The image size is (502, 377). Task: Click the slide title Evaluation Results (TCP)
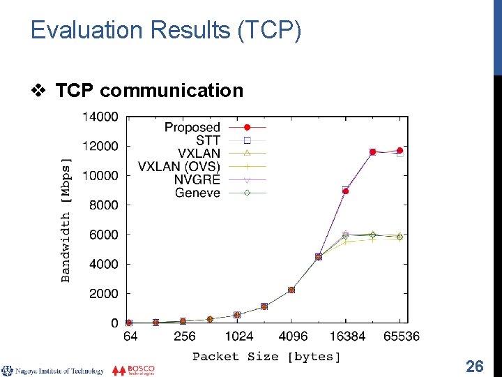tap(166, 31)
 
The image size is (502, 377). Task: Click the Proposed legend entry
tap(192, 127)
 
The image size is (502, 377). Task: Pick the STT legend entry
tap(208, 140)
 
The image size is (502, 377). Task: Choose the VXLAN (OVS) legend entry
tap(179, 166)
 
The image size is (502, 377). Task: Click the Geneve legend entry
tap(197, 193)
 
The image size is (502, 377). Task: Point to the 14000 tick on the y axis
tap(100, 117)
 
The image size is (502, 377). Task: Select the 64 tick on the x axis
tap(130, 336)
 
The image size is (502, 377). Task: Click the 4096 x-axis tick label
tap(291, 336)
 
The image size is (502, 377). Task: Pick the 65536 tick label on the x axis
tap(401, 336)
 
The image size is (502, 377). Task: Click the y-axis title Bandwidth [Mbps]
tap(66, 220)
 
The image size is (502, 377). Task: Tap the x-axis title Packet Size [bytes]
tap(266, 357)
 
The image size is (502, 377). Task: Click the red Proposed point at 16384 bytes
tap(346, 191)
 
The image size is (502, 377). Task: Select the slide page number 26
tap(474, 366)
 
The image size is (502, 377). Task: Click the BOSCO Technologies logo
tap(134, 370)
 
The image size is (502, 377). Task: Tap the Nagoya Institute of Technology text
tap(59, 371)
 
